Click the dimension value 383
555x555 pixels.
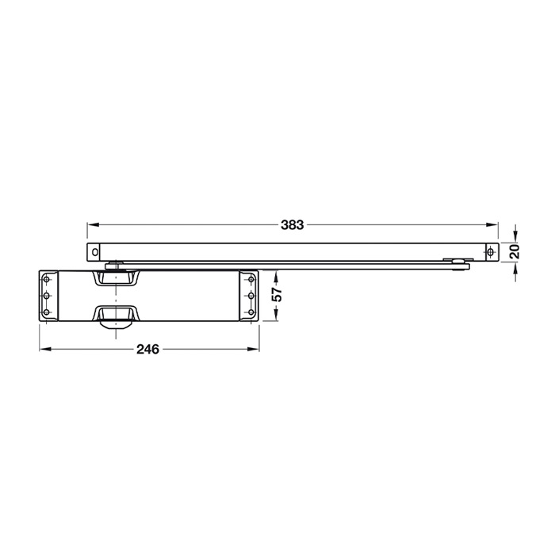click(x=292, y=224)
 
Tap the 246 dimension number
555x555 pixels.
click(x=148, y=350)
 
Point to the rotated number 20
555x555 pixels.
click(x=515, y=251)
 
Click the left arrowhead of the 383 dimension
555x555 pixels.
click(x=93, y=224)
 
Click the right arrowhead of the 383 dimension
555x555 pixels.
click(x=492, y=224)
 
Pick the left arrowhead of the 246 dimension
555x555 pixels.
click(x=45, y=350)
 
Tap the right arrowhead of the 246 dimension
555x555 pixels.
click(x=253, y=350)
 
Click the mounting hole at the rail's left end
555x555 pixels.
click(x=94, y=252)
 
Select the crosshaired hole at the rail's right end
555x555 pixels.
click(x=490, y=252)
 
